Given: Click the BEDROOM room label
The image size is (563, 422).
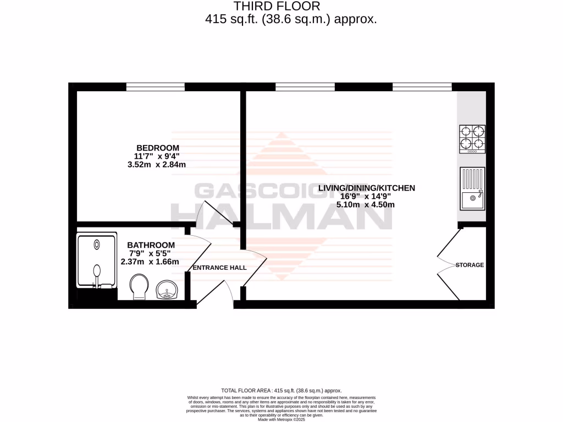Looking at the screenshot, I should click(158, 148).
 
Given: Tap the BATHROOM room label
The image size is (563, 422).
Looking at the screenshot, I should click(151, 245).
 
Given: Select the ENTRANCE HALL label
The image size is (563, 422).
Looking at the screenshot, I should click(219, 268).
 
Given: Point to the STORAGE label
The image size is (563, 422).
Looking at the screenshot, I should click(470, 265).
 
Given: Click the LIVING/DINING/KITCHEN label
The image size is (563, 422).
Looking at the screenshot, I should click(366, 188).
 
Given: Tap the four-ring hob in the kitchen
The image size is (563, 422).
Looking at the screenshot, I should click(472, 138).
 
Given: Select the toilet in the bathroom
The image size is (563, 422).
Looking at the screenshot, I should click(139, 287).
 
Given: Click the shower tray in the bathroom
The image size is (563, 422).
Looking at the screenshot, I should click(97, 259).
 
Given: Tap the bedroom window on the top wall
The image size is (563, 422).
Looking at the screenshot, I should click(156, 87).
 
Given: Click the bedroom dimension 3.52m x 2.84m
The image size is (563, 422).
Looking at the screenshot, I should click(158, 164).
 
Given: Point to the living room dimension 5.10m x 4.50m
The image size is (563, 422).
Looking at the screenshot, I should click(366, 204).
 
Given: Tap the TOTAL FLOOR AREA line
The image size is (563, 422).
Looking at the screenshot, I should click(281, 389).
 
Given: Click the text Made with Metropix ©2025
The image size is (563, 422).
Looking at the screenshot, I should click(281, 419).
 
